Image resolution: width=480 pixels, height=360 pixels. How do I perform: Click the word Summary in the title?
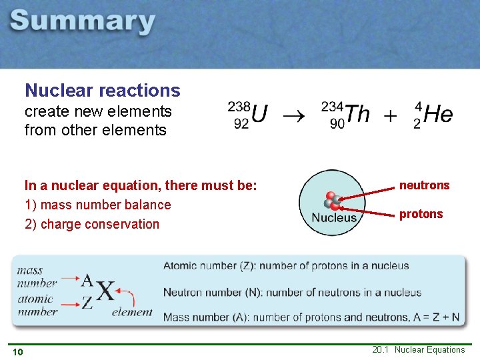[83, 23]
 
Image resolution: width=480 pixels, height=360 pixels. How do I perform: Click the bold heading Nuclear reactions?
[102, 90]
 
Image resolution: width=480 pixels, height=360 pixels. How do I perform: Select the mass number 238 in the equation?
[239, 106]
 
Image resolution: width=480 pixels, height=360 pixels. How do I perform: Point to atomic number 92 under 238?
[242, 123]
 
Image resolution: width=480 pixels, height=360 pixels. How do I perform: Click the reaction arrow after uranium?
[292, 115]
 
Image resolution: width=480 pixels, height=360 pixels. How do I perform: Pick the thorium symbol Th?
[357, 114]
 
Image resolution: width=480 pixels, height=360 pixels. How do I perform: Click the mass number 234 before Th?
[333, 106]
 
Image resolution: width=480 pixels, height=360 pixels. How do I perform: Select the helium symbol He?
[438, 114]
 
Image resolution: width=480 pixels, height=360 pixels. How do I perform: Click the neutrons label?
[425, 185]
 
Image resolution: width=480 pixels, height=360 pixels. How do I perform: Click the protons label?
[421, 213]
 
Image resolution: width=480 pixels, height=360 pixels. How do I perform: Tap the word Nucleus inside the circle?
[334, 218]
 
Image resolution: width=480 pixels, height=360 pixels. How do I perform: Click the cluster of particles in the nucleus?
[331, 201]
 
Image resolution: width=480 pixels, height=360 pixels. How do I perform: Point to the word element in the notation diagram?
[132, 311]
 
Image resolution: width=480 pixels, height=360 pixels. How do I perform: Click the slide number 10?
[17, 352]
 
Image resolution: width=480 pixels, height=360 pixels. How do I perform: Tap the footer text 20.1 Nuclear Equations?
[419, 350]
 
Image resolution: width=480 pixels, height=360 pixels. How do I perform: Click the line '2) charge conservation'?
[92, 224]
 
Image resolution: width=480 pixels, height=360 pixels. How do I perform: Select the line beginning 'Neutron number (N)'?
[292, 292]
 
